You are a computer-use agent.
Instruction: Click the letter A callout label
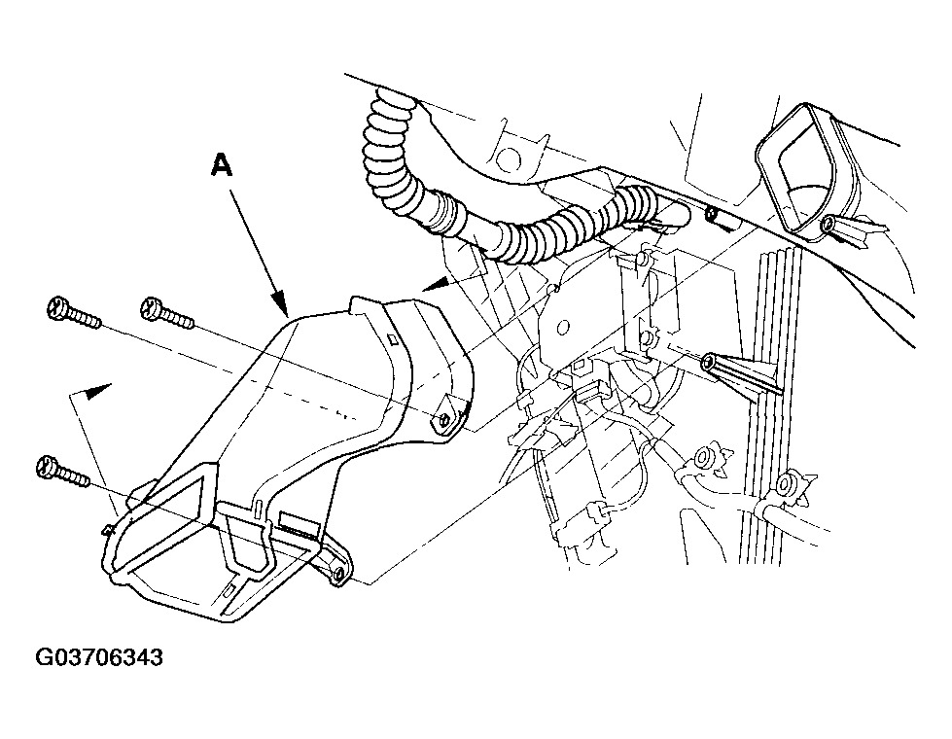[222, 164]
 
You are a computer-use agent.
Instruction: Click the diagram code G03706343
[99, 657]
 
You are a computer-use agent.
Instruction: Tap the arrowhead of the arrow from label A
[279, 304]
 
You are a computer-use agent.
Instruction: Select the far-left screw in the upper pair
[74, 312]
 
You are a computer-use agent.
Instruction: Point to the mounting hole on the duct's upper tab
[445, 420]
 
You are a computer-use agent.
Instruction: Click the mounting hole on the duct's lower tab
[338, 573]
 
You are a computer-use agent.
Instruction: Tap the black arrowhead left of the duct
[98, 391]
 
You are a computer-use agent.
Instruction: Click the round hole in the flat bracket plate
[563, 327]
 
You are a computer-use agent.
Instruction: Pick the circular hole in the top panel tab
[509, 160]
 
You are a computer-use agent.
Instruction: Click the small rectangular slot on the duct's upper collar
[393, 338]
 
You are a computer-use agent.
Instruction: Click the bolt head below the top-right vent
[827, 225]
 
